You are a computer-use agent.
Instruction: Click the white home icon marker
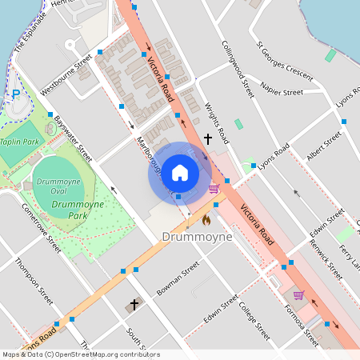coord(179,173)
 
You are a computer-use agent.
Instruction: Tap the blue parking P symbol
coord(15,94)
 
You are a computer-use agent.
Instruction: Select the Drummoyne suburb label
coord(197,238)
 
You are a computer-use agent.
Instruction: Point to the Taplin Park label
coord(20,142)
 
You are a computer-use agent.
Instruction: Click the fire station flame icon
coord(206,219)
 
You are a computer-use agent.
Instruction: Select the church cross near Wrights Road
coord(208,139)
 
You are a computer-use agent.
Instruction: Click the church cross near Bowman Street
coord(134,305)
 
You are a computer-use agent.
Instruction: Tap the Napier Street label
coord(282,92)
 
